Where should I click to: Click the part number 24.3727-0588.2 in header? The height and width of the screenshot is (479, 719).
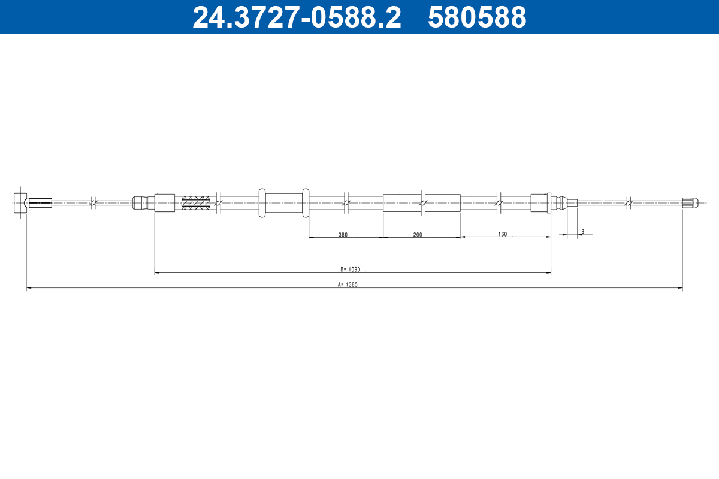297,17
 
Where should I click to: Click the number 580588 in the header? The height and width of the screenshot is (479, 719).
477,17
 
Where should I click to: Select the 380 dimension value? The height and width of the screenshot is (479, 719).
343,235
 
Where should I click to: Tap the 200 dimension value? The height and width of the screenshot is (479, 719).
418,235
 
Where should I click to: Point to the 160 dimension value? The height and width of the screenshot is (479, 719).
502,234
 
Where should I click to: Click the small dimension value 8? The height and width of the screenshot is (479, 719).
582,231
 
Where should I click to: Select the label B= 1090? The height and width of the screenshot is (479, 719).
351,269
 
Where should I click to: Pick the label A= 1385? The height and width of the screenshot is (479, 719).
348,285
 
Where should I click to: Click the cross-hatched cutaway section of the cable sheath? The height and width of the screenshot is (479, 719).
195,203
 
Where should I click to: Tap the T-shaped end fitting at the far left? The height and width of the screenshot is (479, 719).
20,202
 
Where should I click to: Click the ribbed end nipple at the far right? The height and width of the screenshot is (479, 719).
690,203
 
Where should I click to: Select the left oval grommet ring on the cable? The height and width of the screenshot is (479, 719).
262,203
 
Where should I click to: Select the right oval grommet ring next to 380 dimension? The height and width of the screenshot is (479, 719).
306,203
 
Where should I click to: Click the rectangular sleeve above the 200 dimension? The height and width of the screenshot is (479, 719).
421,203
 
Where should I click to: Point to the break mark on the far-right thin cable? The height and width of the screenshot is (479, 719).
627,203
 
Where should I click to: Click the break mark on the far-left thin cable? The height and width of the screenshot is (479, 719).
93,203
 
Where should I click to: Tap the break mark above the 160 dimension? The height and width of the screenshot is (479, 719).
499,203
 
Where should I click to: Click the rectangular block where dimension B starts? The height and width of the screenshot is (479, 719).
164,203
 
